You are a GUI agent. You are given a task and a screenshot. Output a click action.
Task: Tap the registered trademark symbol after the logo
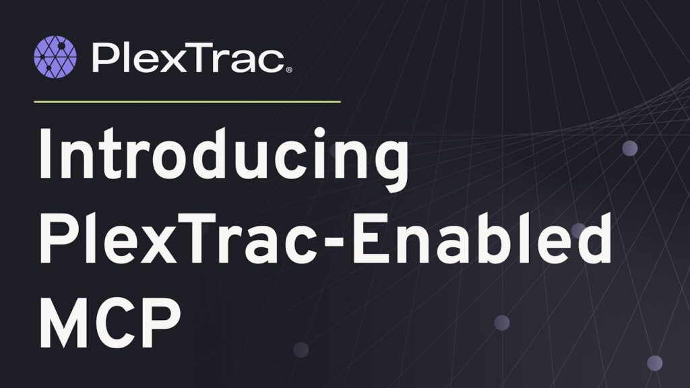[x=289, y=69]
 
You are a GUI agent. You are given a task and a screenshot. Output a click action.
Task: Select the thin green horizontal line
[x=187, y=102]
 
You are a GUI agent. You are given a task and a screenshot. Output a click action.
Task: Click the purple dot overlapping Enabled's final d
[x=578, y=230]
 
